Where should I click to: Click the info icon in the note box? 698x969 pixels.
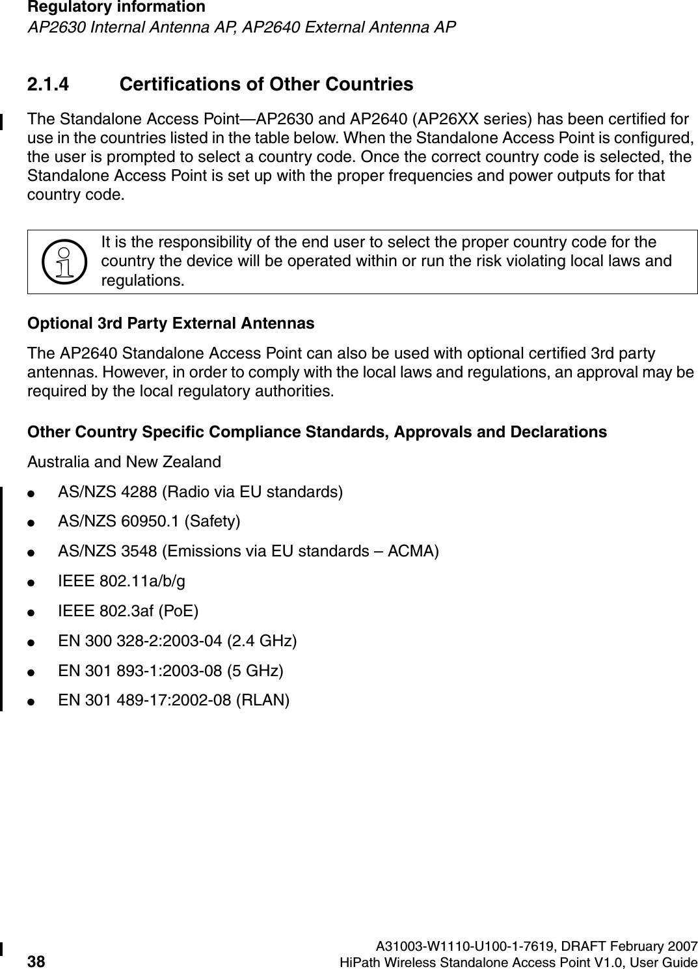(x=64, y=261)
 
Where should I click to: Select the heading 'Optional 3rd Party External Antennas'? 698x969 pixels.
(x=170, y=323)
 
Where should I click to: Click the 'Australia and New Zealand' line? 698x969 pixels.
(x=124, y=462)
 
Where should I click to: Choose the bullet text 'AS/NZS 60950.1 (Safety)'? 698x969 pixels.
(x=149, y=521)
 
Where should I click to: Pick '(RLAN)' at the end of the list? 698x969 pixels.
(x=263, y=701)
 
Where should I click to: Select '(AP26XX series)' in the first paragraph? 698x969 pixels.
(x=477, y=120)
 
